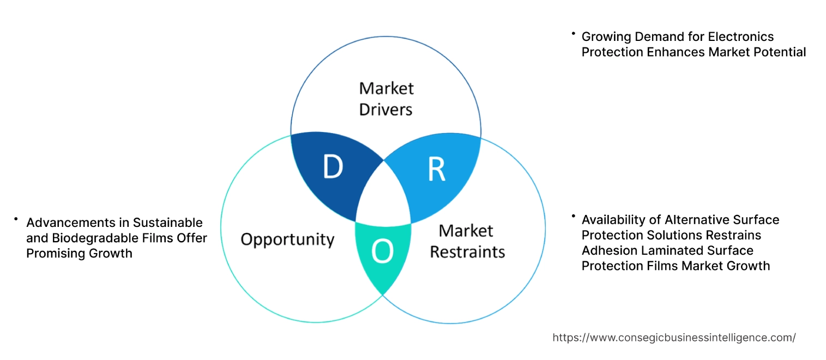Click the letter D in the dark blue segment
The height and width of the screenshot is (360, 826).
coord(333,167)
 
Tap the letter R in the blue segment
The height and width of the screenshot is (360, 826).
coord(437,170)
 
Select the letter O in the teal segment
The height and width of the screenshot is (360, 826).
coord(382,251)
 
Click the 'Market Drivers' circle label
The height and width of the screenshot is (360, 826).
coord(386,99)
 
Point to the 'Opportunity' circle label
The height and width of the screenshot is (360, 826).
coord(287,239)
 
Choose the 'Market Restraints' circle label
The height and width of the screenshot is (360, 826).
coord(467,241)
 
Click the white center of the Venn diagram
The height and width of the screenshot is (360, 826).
coord(383,196)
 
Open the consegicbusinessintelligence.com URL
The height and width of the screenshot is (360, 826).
coord(674,338)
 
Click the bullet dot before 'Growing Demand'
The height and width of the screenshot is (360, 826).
coord(573,34)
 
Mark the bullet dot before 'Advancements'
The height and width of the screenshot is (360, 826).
coord(16,219)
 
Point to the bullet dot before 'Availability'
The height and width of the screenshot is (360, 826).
coord(573,217)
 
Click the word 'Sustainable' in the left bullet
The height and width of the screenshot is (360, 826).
coord(170,223)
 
